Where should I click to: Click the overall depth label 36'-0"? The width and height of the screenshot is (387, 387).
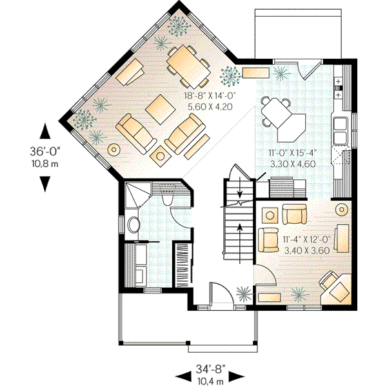click(x=45, y=152)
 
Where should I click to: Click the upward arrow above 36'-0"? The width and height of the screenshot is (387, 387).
click(x=45, y=132)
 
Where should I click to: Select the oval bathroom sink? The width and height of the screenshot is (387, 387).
click(x=134, y=225)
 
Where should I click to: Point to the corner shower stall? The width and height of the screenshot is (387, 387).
click(x=135, y=193)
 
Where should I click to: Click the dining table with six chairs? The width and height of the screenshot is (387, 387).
click(x=187, y=64)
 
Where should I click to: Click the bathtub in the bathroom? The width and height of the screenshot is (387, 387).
click(x=141, y=264)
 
